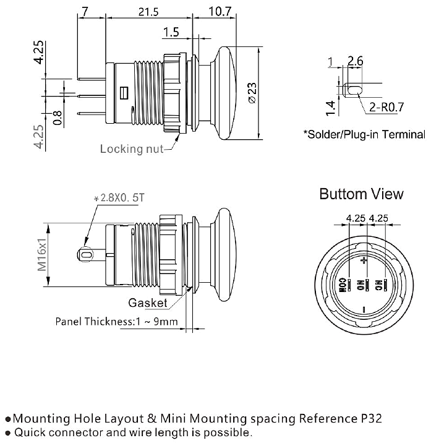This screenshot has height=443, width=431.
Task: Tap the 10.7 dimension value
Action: tap(220, 12)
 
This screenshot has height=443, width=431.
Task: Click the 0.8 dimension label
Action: tap(58, 118)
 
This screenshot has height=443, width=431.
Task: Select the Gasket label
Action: tap(148, 303)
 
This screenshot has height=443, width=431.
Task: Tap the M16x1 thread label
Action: tap(42, 256)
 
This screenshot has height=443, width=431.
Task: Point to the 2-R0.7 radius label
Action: tap(386, 108)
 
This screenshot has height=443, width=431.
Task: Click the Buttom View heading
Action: tap(361, 194)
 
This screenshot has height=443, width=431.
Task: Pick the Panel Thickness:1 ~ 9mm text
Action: tap(117, 322)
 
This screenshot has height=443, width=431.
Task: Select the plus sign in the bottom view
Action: tap(364, 261)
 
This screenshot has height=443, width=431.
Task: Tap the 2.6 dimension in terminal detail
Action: tap(356, 61)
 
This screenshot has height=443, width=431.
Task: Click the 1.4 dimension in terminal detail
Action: tap(331, 107)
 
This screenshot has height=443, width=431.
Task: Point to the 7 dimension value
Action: tap(85, 12)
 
